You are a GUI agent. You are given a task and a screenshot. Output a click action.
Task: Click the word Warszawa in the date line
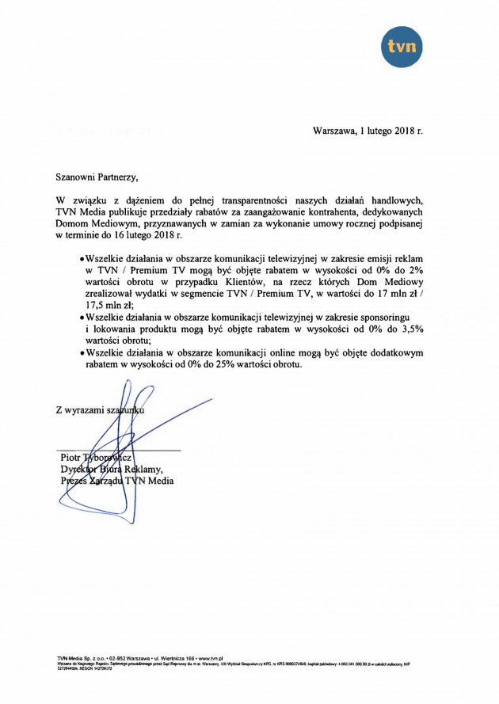[336, 130]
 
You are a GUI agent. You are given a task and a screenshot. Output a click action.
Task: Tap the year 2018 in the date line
[401, 130]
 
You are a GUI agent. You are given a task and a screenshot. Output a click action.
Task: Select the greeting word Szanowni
[78, 169]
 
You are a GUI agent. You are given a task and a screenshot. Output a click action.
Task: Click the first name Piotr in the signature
[71, 457]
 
